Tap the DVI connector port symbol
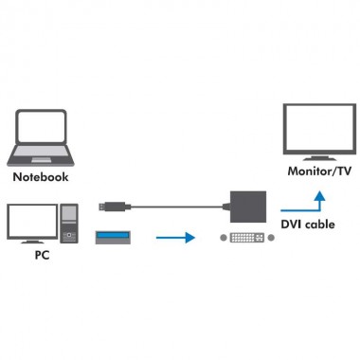coord(247,237)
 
